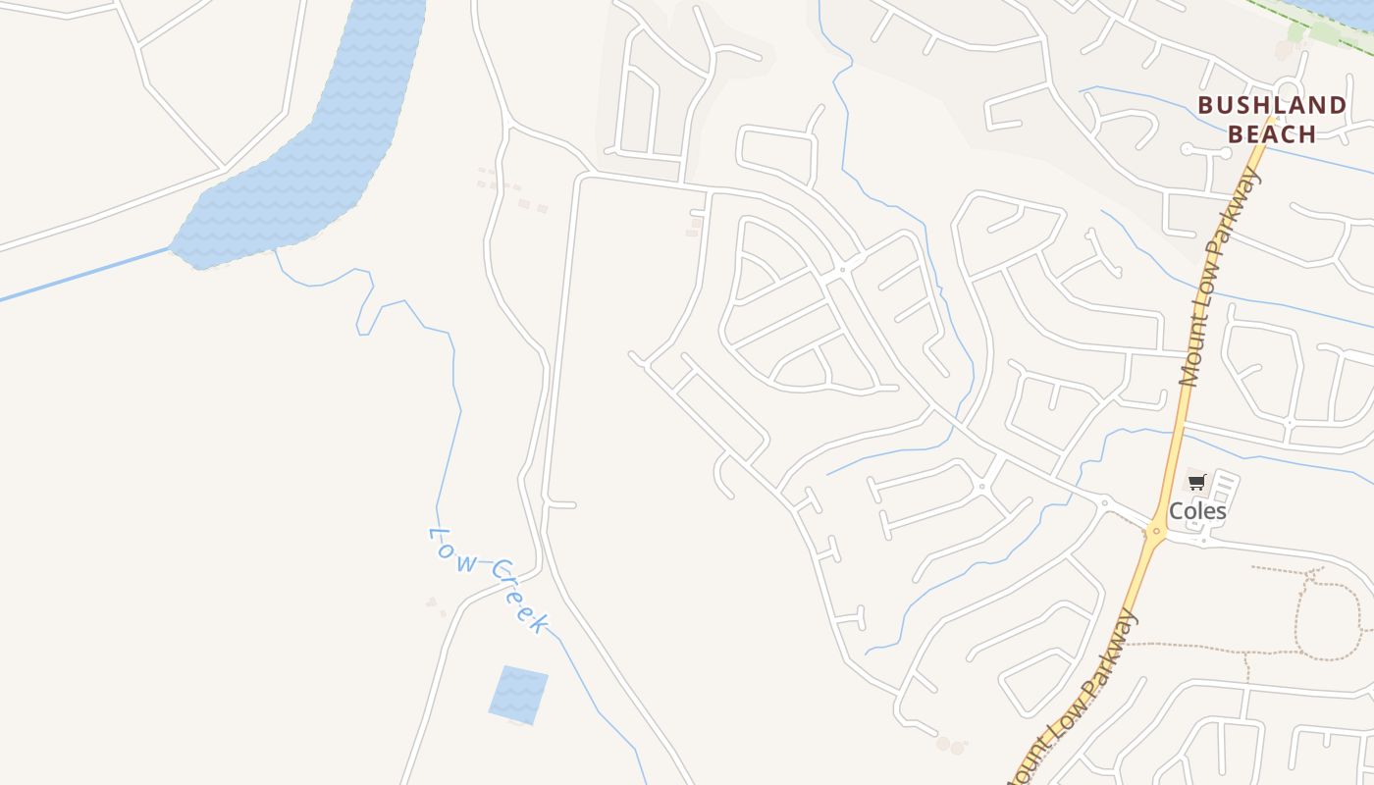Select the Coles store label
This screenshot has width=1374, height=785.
click(x=1197, y=511)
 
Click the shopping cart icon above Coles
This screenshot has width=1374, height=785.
click(x=1196, y=482)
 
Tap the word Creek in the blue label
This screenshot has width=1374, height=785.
click(x=520, y=596)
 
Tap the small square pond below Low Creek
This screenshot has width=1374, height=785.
click(x=517, y=695)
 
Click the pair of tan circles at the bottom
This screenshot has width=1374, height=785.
click(x=950, y=747)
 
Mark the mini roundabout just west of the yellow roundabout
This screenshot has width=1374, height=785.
click(x=1105, y=502)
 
